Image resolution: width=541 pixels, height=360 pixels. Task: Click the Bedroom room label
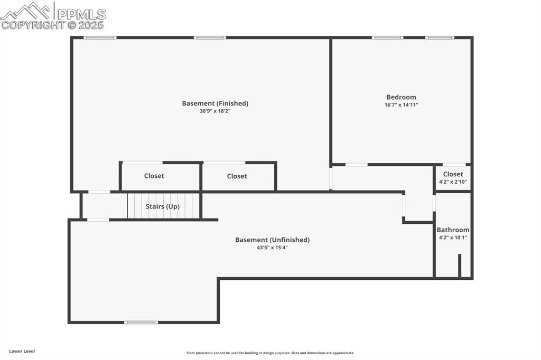click(x=401, y=97)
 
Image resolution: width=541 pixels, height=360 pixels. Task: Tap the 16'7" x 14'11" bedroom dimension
click(x=401, y=105)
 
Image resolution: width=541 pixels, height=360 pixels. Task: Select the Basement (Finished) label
click(x=215, y=103)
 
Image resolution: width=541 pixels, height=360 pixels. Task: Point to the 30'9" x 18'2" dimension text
click(x=215, y=111)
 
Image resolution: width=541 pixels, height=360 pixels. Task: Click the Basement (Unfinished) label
click(x=272, y=240)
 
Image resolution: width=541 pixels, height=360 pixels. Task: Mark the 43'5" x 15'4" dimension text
click(x=272, y=248)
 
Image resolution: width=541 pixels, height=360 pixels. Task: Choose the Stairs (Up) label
click(x=163, y=206)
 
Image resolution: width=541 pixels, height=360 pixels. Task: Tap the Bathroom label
click(x=453, y=230)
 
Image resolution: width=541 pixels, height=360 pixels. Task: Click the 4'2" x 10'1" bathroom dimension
click(x=453, y=238)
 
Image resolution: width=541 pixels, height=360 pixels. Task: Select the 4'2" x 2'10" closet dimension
click(x=453, y=182)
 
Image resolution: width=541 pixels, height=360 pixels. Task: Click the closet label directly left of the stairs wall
click(x=154, y=176)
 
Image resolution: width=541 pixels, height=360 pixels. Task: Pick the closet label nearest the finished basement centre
click(x=237, y=176)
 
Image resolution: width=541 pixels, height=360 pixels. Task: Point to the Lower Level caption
click(x=22, y=351)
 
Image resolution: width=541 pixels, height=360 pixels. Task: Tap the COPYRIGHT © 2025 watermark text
click(x=53, y=25)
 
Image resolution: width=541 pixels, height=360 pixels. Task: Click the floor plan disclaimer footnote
click(x=270, y=353)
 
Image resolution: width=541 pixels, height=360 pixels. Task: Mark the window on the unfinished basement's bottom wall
click(x=141, y=322)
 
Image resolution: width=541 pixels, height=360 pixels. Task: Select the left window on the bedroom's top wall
click(x=387, y=37)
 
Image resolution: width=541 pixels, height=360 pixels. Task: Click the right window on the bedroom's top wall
click(x=440, y=37)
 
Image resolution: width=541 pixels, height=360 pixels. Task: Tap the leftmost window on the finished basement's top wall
click(x=100, y=37)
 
